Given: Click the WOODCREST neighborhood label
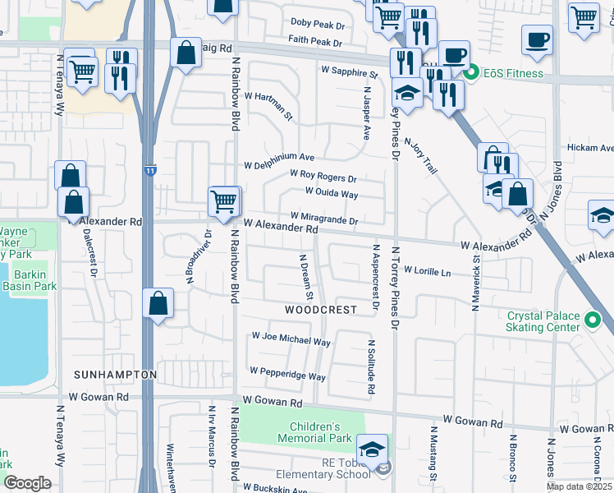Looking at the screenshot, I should [321, 310].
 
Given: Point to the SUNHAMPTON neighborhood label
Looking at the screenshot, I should [115, 374].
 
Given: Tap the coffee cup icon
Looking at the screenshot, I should [538, 40].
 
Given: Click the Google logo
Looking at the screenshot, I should [27, 483].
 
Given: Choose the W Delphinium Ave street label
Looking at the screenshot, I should [279, 157].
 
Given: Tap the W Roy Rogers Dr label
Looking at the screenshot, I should [323, 176].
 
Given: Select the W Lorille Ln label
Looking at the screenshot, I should [427, 271].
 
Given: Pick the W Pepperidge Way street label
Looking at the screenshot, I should [287, 374].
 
